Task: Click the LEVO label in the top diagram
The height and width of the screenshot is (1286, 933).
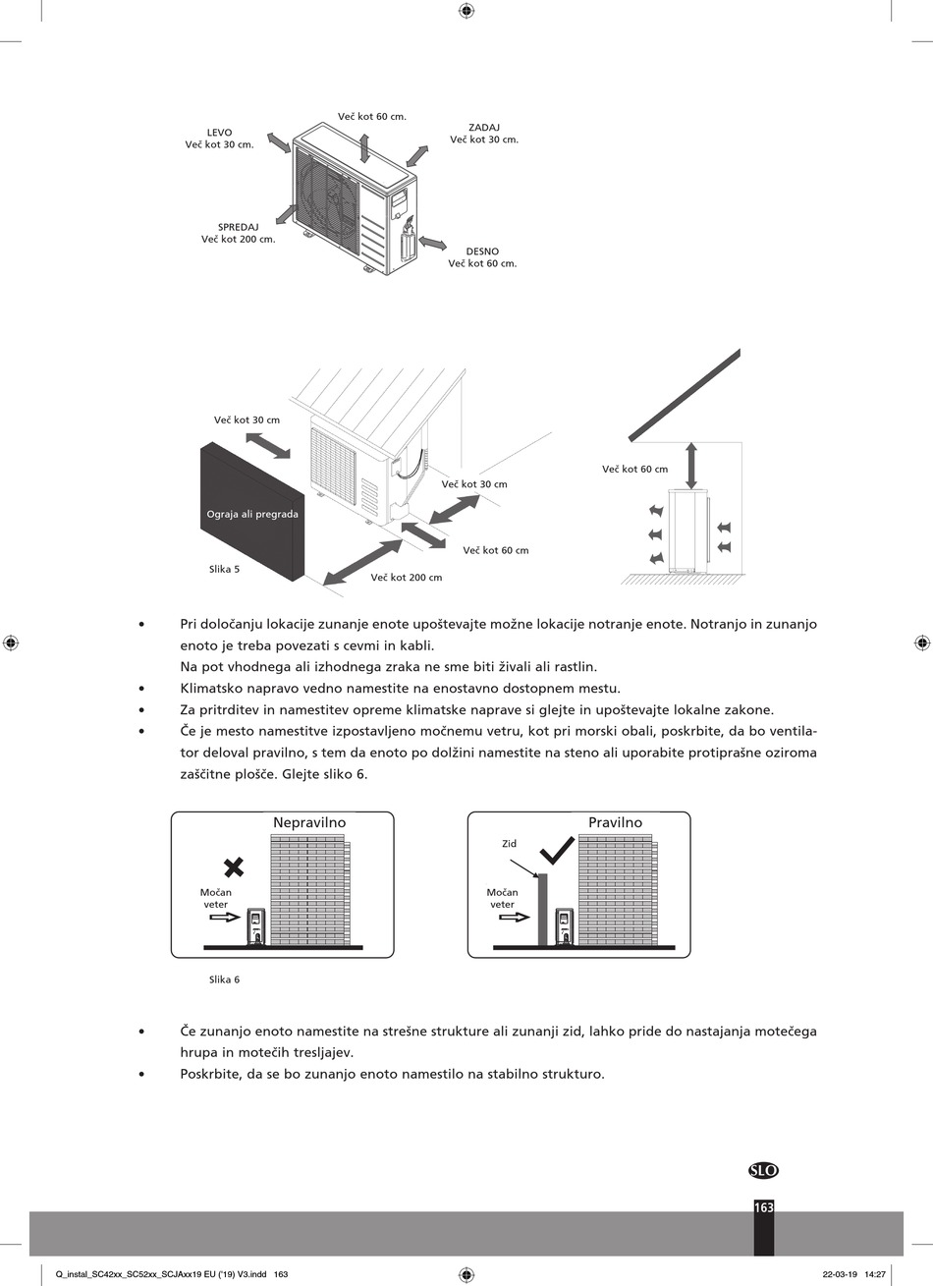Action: point(219,133)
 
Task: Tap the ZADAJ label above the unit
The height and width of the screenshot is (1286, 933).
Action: point(484,128)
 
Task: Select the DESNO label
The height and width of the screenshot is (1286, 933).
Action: point(482,252)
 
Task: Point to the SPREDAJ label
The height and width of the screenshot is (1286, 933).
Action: point(238,227)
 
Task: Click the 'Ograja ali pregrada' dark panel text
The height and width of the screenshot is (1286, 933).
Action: point(252,514)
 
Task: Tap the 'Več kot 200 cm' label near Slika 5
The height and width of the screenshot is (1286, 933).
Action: point(406,578)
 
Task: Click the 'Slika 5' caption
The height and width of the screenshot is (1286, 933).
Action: point(224,569)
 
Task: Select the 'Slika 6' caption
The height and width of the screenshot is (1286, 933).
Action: point(224,979)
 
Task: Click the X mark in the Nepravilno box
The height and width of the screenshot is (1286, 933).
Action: point(234,867)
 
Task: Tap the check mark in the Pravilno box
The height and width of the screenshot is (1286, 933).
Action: point(557,850)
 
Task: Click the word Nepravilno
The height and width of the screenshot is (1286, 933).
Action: point(309,823)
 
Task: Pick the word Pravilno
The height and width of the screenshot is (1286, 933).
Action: point(615,823)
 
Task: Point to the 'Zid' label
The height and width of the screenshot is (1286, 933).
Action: point(509,844)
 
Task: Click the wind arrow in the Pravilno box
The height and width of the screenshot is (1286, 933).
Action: point(515,918)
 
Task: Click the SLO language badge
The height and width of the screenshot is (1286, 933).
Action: point(763,1170)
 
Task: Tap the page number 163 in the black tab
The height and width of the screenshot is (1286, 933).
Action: point(764,1208)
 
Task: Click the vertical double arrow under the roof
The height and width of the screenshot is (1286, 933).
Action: point(691,466)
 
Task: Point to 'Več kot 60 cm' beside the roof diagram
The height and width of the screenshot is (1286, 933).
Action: point(634,470)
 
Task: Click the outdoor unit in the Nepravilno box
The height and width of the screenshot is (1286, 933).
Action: point(256,926)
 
